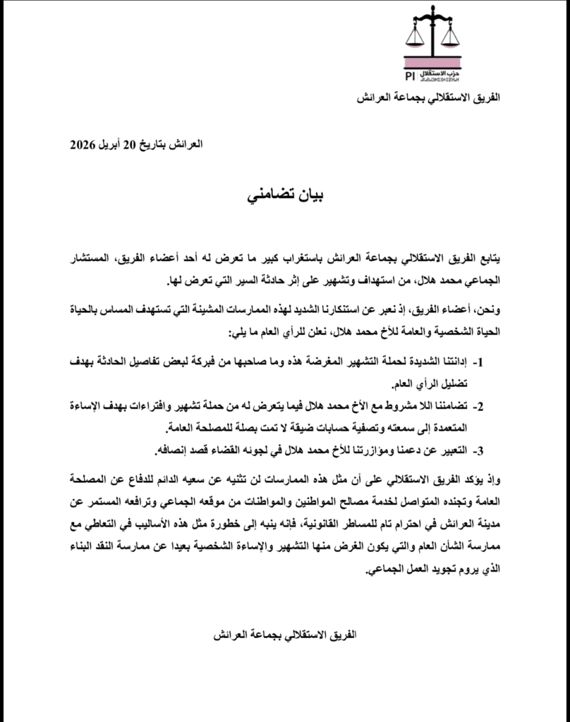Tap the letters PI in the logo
tap(409, 75)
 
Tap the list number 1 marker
tap(478, 363)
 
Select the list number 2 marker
tap(478, 407)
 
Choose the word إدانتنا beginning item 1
tap(451, 362)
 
